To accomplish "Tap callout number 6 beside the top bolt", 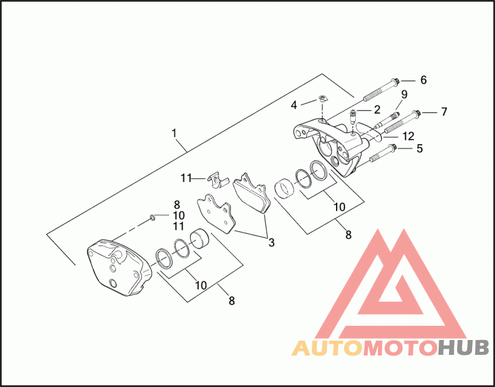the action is click(424, 80).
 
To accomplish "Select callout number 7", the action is click(443, 112).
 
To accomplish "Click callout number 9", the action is click(404, 95).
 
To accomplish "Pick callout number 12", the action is click(409, 136).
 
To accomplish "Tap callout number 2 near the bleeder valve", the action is click(376, 110).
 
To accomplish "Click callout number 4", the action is click(295, 104).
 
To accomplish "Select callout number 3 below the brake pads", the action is click(271, 243).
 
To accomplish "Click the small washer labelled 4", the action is click(322, 98).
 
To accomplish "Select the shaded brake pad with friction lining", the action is click(253, 193).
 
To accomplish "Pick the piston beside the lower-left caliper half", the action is click(199, 238).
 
